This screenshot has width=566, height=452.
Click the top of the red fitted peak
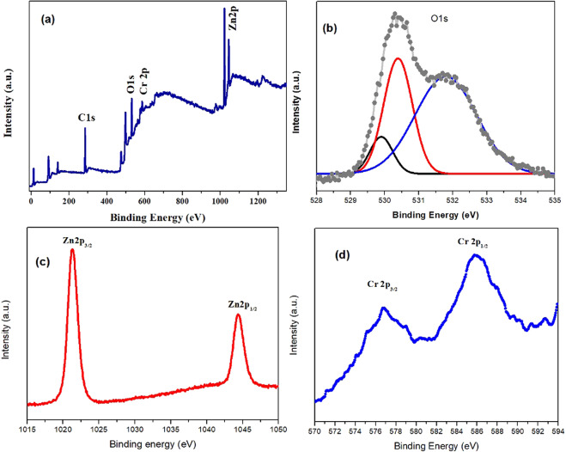[x=398, y=58]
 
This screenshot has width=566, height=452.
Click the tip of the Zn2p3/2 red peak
[x=72, y=250]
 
